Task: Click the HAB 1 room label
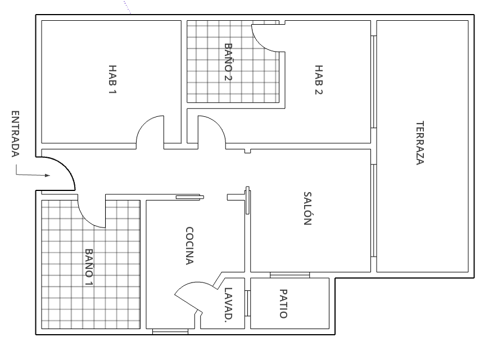(113, 79)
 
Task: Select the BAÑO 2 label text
(228, 62)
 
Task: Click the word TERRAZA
(419, 143)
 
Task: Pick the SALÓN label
(307, 208)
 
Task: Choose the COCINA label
(189, 245)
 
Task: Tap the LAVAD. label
(228, 304)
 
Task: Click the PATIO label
(283, 304)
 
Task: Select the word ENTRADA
(15, 134)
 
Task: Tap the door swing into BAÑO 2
(266, 38)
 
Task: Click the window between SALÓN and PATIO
(290, 275)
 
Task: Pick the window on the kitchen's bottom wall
(170, 332)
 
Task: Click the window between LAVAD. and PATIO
(248, 303)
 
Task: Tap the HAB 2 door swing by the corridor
(212, 130)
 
